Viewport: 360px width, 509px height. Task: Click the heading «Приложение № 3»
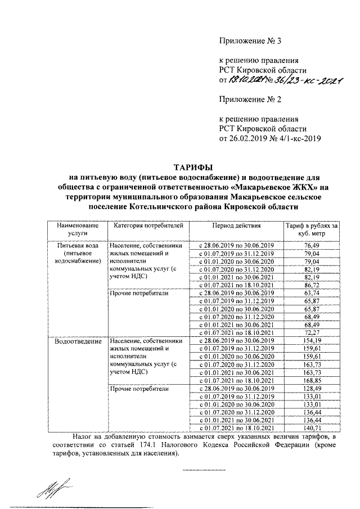[247, 41]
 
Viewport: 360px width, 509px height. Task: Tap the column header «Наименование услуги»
[76, 230]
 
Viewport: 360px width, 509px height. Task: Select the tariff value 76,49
[310, 246]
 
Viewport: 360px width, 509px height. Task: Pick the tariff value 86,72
[310, 285]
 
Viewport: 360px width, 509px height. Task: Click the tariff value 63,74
[310, 293]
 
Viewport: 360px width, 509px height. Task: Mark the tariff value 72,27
[310, 332]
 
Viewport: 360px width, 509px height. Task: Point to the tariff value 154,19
[310, 341]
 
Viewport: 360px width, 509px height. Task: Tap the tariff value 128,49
[310, 388]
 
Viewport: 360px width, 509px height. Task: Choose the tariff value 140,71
[310, 427]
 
